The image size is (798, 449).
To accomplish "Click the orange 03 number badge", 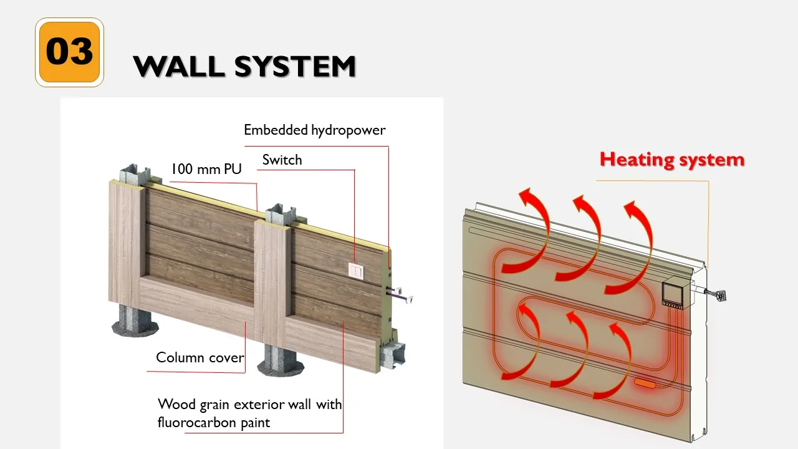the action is (x=69, y=52).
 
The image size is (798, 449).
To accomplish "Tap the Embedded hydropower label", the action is (x=314, y=130).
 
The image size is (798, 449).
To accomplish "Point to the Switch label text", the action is (x=282, y=160).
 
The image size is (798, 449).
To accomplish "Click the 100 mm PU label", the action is (x=206, y=169).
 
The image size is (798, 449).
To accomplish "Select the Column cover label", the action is (x=198, y=357).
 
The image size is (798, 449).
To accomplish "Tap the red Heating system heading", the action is (x=671, y=160).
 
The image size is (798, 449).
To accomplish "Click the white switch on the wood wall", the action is (x=355, y=271).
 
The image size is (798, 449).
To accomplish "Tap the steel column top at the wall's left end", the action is (x=135, y=175).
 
